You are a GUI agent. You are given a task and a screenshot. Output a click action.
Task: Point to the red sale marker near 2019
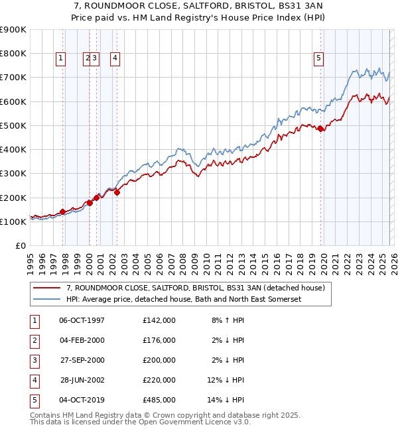click(x=320, y=129)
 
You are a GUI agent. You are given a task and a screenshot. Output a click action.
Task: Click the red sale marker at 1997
click(x=63, y=212)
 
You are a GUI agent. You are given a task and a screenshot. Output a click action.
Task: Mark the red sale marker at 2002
click(x=117, y=193)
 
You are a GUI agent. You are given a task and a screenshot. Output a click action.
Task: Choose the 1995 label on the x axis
click(x=31, y=263)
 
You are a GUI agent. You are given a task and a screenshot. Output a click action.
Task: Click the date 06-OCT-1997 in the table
click(x=82, y=320)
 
